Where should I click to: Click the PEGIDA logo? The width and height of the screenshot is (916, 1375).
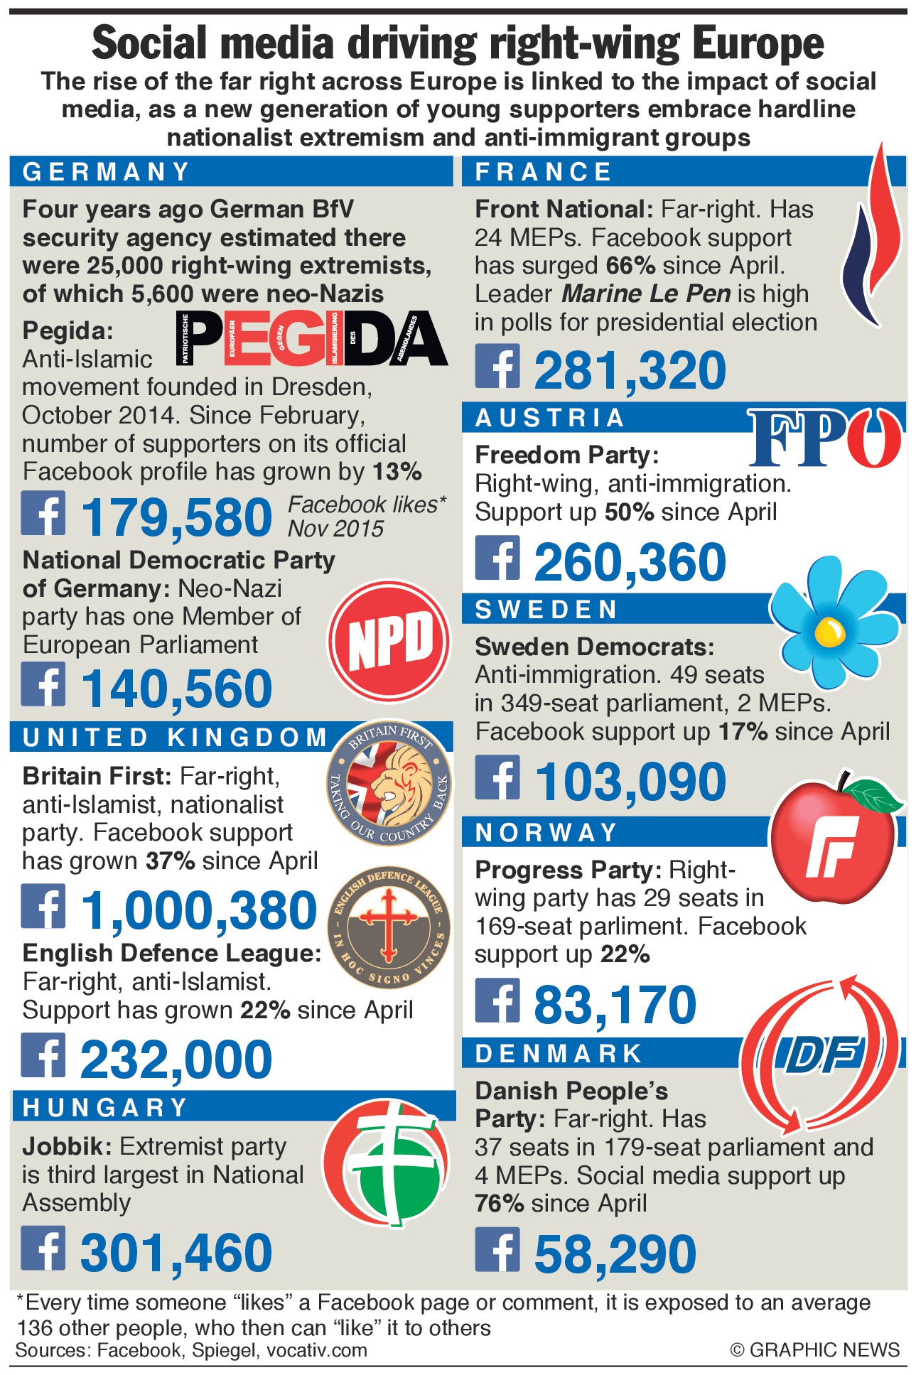pyautogui.click(x=311, y=339)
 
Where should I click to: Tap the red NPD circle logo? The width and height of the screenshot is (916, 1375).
pyautogui.click(x=389, y=640)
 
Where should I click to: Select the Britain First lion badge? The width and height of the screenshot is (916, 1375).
pyautogui.click(x=389, y=784)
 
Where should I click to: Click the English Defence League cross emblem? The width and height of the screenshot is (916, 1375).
pyautogui.click(x=389, y=927)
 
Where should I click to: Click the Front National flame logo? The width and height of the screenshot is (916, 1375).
pyautogui.click(x=872, y=234)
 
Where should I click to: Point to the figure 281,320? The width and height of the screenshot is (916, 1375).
pyautogui.click(x=630, y=371)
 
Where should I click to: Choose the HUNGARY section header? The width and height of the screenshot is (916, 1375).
pyautogui.click(x=105, y=1107)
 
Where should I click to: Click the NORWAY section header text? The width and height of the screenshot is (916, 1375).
pyautogui.click(x=546, y=832)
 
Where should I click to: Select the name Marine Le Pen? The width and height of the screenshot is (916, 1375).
pyautogui.click(x=646, y=293)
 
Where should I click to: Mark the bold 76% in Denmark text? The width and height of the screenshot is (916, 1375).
pyautogui.click(x=499, y=1203)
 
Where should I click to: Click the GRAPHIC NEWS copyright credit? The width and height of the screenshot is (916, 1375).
pyautogui.click(x=814, y=1349)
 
